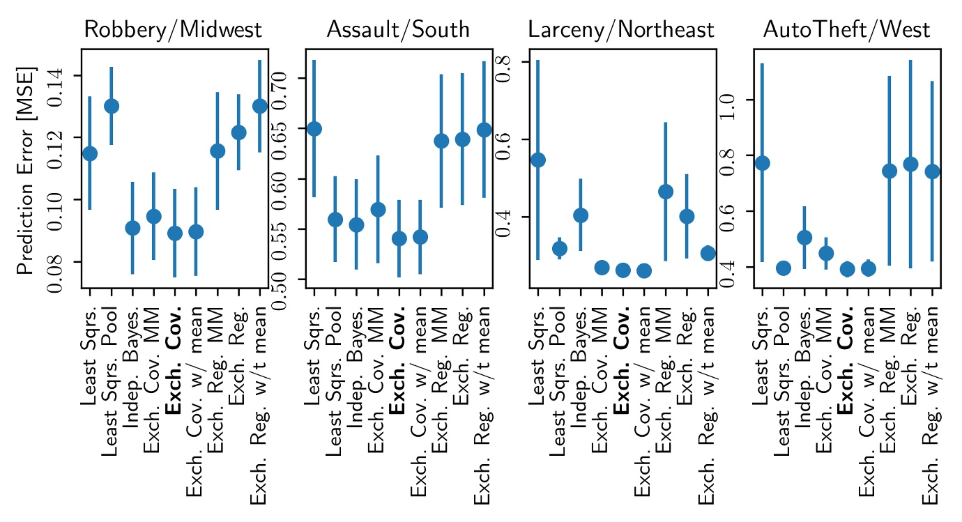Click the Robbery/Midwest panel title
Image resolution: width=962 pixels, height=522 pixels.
click(172, 29)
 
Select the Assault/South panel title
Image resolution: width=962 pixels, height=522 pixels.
click(398, 29)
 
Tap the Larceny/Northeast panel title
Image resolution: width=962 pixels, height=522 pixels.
click(621, 29)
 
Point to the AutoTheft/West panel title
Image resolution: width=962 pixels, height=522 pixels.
click(846, 29)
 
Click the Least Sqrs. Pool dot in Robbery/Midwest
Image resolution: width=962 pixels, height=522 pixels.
click(112, 106)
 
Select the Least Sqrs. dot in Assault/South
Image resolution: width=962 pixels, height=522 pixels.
click(314, 129)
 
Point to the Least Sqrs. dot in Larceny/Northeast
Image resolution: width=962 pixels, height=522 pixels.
click(538, 160)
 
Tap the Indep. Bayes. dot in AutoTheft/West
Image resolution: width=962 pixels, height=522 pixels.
click(804, 238)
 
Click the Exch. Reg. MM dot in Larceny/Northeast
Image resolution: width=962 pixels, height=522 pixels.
click(666, 192)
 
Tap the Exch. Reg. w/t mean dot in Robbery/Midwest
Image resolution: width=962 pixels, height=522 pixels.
click(259, 106)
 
